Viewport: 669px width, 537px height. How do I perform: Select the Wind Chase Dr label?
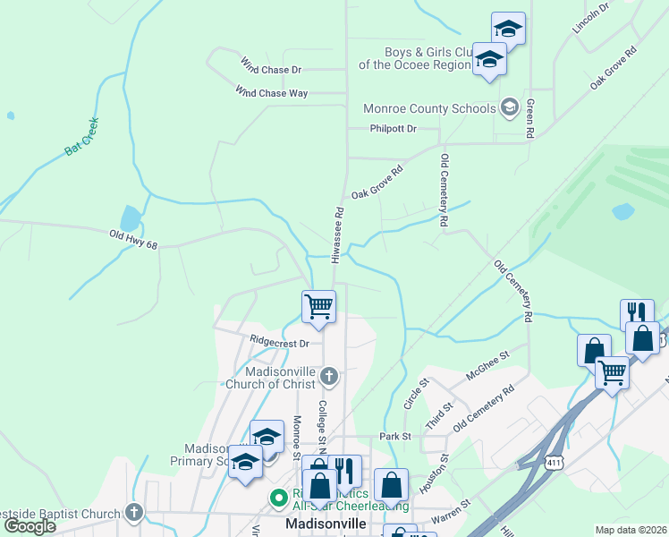[271, 66]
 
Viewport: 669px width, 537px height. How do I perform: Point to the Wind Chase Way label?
[271, 92]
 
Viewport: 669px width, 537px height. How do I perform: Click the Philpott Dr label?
[394, 129]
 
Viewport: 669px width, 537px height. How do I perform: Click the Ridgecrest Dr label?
[280, 342]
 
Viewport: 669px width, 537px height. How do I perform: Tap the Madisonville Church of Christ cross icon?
[329, 377]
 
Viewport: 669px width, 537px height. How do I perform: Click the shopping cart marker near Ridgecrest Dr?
[319, 307]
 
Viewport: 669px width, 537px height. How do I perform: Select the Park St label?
[394, 437]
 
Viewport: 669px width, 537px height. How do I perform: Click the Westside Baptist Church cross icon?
[134, 513]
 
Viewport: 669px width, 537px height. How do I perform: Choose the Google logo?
[30, 525]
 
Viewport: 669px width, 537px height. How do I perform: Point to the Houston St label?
[433, 482]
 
